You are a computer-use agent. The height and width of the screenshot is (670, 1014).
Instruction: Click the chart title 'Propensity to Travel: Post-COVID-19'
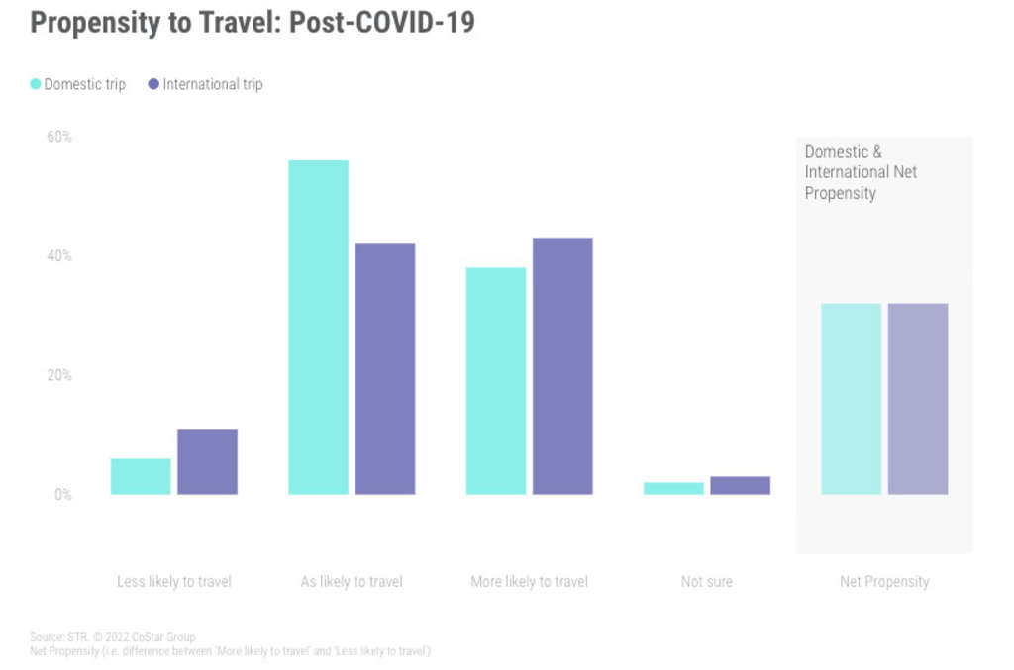coord(252,23)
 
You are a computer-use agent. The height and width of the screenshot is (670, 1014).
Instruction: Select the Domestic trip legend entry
coord(78,84)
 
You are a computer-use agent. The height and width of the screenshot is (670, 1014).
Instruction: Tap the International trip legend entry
coord(205,84)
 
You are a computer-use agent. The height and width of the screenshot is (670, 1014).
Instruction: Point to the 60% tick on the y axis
coord(59,137)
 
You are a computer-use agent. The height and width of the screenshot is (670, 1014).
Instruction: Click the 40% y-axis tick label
coord(59,256)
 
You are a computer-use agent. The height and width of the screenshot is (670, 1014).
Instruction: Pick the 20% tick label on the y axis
coord(59,376)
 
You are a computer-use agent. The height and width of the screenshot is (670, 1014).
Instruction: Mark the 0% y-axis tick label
coord(62,495)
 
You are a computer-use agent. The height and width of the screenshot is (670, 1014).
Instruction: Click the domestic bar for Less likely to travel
coord(141,476)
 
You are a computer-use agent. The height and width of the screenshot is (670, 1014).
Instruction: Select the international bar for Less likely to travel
coord(207,461)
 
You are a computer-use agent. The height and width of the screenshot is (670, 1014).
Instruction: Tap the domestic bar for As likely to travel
coord(318,327)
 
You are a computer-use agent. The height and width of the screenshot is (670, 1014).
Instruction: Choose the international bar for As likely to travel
coord(384,368)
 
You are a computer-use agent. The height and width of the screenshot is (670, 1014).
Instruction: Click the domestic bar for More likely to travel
coord(496,381)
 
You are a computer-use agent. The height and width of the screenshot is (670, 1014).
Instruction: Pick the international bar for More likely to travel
coord(562,365)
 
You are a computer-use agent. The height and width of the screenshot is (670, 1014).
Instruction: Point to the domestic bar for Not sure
coord(673,488)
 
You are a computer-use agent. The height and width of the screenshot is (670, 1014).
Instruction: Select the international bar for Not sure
coord(740,485)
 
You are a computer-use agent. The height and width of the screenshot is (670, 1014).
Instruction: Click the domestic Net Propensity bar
coord(851,399)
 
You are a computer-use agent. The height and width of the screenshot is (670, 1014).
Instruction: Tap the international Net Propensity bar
coord(917,399)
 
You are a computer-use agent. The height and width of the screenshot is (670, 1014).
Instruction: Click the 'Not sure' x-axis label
coord(706,582)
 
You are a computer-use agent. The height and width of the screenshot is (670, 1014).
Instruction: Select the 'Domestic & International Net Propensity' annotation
coord(861,172)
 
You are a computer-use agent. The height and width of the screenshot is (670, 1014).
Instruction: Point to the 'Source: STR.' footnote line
coord(113,637)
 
